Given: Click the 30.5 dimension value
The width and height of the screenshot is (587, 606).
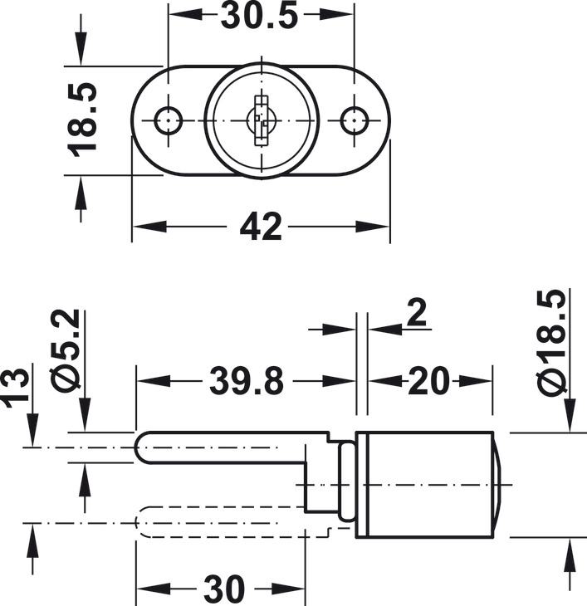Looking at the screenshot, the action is (x=260, y=16).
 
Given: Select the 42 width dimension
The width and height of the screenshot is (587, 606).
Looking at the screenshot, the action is (x=261, y=227).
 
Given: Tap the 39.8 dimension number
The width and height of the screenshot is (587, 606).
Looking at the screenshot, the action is (x=247, y=381).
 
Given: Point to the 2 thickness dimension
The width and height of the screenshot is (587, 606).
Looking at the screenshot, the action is (x=417, y=313).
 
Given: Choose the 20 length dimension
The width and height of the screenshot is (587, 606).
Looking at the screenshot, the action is (x=429, y=381).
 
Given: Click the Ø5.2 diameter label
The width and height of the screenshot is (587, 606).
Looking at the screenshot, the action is (x=65, y=348).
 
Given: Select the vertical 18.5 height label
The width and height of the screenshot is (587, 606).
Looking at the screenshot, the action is (x=82, y=120).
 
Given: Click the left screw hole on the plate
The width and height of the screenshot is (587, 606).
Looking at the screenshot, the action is (x=168, y=120).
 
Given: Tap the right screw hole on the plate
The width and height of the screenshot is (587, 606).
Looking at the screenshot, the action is (x=355, y=120).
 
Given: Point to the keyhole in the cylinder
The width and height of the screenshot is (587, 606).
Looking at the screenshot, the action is (x=262, y=120).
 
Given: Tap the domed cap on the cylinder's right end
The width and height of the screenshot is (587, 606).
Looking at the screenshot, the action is (x=497, y=485).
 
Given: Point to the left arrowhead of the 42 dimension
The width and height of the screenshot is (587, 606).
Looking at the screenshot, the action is (x=149, y=227).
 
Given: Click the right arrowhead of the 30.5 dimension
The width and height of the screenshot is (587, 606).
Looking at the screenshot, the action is (x=336, y=15).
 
